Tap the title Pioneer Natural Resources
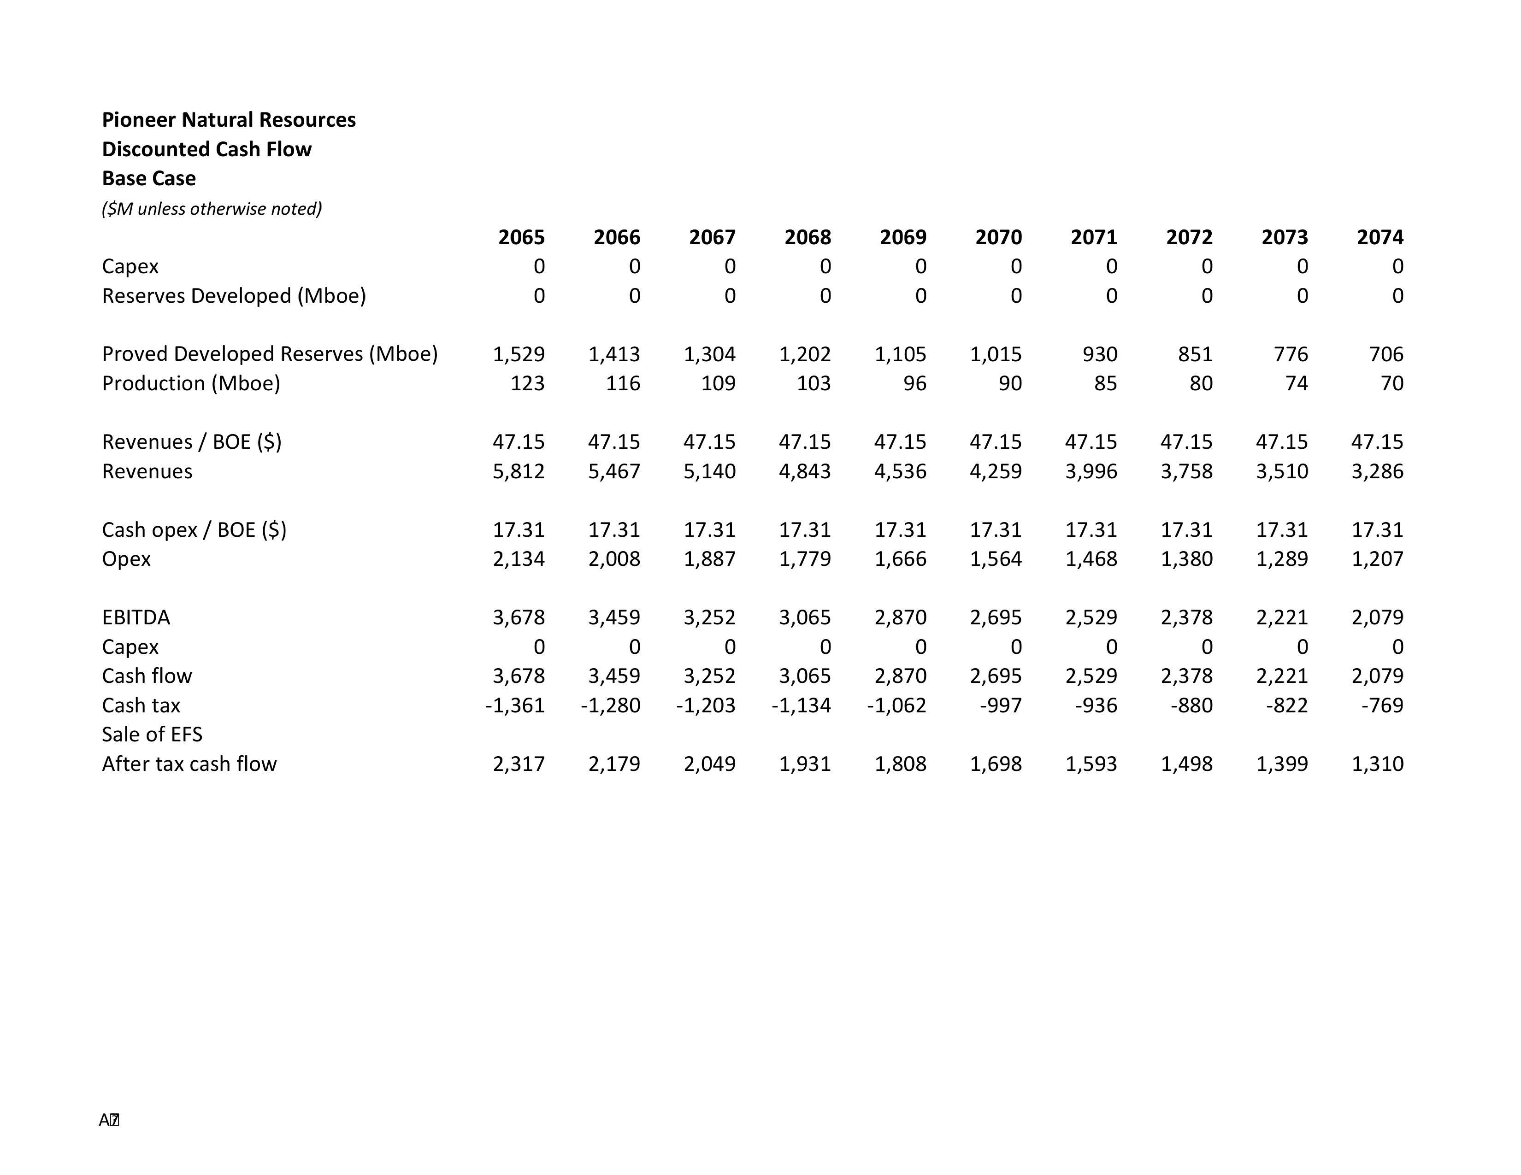pyautogui.click(x=229, y=120)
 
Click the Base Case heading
pyautogui.click(x=148, y=178)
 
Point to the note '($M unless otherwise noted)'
pyautogui.click(x=212, y=209)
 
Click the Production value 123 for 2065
pyautogui.click(x=527, y=383)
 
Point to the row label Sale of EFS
pyautogui.click(x=152, y=734)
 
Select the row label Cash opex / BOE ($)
pyautogui.click(x=194, y=530)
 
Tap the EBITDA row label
pyautogui.click(x=136, y=617)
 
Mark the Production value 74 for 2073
pyautogui.click(x=1296, y=383)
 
